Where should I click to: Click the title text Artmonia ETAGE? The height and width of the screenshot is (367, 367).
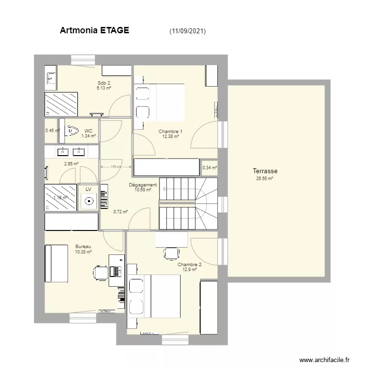pyautogui.click(x=94, y=30)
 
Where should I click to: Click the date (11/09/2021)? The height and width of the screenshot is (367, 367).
pyautogui.click(x=187, y=31)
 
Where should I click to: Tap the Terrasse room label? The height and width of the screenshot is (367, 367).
pyautogui.click(x=265, y=171)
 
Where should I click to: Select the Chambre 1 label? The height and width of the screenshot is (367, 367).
pyautogui.click(x=170, y=131)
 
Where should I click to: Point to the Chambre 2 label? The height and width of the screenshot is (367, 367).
pyautogui.click(x=189, y=264)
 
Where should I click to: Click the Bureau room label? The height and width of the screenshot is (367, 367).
pyautogui.click(x=83, y=246)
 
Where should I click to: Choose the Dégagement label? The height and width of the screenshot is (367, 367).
pyautogui.click(x=142, y=185)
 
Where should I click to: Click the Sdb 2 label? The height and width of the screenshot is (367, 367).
pyautogui.click(x=104, y=83)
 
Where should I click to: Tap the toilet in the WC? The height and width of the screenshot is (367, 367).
pyautogui.click(x=72, y=131)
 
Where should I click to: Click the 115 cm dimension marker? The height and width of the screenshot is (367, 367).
pyautogui.click(x=115, y=167)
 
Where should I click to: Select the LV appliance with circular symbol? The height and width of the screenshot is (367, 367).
pyautogui.click(x=89, y=201)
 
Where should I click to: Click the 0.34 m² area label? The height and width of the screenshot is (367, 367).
pyautogui.click(x=209, y=167)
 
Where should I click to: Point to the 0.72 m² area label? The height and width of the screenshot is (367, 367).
pyautogui.click(x=120, y=212)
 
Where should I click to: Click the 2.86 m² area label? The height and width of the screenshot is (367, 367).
pyautogui.click(x=71, y=164)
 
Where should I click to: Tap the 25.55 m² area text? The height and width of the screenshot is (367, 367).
pyautogui.click(x=265, y=179)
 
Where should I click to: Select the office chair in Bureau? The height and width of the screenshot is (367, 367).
pyautogui.click(x=100, y=272)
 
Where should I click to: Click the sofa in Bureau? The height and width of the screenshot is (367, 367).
pyautogui.click(x=56, y=263)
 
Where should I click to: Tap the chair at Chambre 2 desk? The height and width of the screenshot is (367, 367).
pyautogui.click(x=171, y=253)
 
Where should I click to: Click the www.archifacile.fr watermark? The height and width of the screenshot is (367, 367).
pyautogui.click(x=323, y=360)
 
